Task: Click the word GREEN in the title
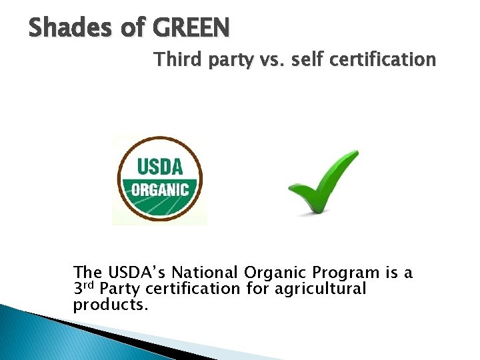click(191, 27)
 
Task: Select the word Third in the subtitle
click(174, 60)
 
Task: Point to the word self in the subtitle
click(307, 60)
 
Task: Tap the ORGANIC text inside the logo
click(159, 189)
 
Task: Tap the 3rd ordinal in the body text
click(84, 289)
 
